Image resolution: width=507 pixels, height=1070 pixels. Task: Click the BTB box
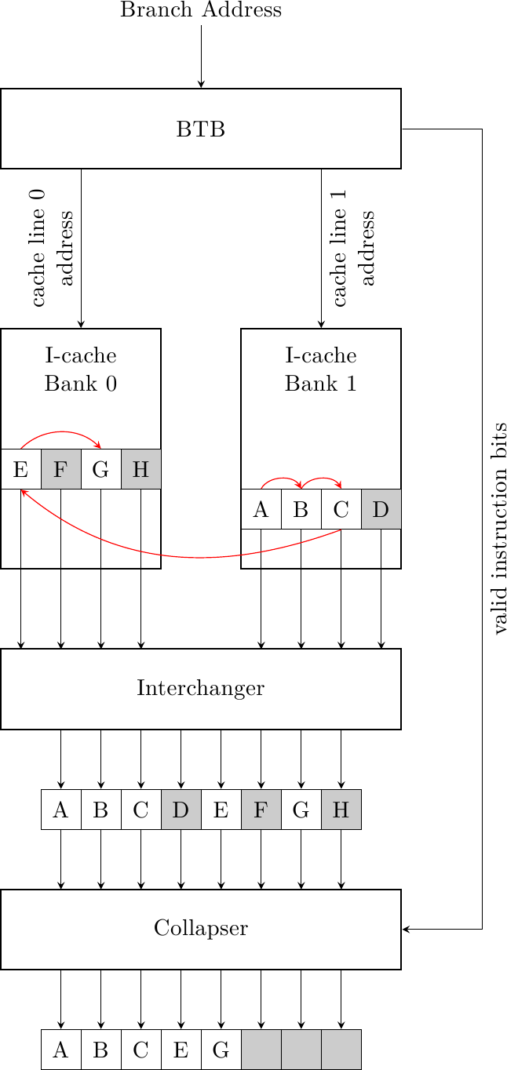[201, 129]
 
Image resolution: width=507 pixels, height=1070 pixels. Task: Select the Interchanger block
[201, 689]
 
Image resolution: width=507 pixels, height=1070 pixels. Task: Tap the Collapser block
[201, 929]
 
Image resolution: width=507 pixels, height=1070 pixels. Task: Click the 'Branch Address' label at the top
[201, 10]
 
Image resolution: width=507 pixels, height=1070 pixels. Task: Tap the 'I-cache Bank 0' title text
[81, 369]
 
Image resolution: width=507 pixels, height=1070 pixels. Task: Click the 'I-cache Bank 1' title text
[321, 369]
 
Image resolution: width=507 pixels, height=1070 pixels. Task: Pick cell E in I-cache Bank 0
[21, 469]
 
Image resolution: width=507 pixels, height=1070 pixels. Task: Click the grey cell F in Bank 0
[61, 469]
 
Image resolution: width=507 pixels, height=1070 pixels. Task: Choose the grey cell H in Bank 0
[141, 469]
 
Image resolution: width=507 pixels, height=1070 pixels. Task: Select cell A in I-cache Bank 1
[261, 509]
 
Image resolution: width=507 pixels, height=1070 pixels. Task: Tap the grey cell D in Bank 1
[381, 509]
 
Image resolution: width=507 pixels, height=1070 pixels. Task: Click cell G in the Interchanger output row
[301, 810]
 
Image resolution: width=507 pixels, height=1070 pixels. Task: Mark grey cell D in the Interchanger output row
[181, 810]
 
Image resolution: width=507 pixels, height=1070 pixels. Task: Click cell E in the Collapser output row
[181, 1050]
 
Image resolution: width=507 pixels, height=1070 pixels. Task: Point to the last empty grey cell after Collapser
[341, 1050]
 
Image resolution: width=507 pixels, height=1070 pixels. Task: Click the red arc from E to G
[61, 432]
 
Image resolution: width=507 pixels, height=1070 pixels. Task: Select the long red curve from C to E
[201, 558]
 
